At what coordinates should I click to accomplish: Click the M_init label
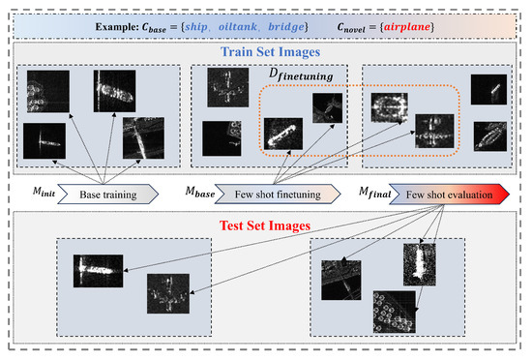(35, 188)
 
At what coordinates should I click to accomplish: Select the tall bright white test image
(420, 268)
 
